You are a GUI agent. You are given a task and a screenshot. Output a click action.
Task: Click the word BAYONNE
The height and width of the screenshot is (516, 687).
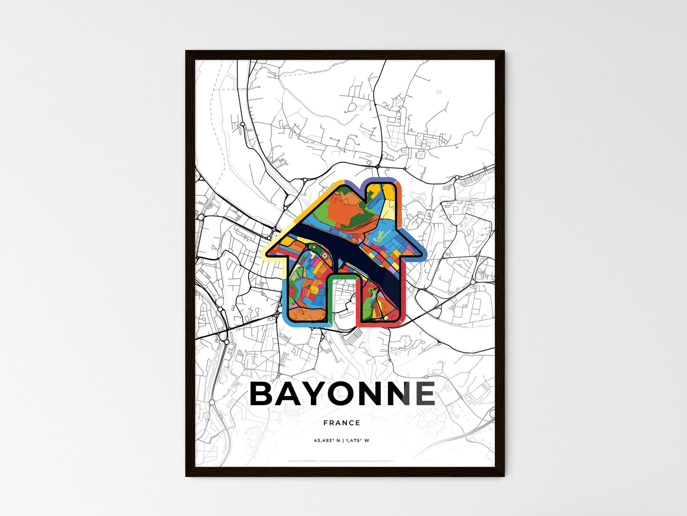coord(342,394)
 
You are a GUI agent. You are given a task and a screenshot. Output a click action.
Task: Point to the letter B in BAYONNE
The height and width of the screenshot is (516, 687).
coord(264,394)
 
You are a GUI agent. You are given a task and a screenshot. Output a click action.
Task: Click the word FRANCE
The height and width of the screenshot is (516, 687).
coord(342,423)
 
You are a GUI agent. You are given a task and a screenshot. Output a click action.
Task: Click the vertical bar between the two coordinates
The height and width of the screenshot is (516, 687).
coord(342,441)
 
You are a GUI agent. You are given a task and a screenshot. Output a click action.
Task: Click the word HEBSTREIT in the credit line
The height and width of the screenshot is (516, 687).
coord(312,461)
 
